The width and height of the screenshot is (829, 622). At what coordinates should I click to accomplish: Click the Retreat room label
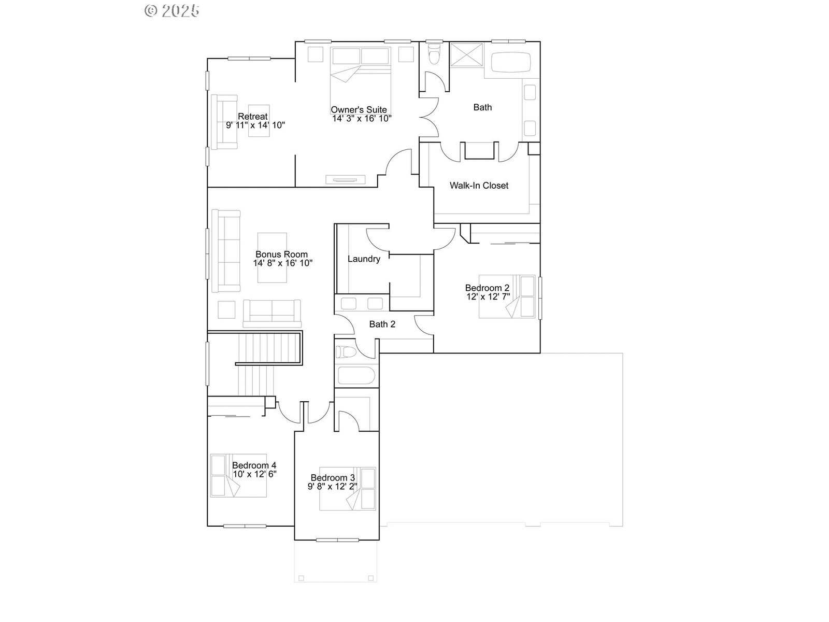253,116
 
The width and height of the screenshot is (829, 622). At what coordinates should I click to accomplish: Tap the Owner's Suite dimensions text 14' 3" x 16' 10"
362,119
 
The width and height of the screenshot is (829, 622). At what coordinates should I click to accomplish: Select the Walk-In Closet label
479,186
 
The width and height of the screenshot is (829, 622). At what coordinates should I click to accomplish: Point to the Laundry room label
364,259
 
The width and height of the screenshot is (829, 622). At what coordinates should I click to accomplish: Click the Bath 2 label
382,324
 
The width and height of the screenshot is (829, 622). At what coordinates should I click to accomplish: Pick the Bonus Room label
281,254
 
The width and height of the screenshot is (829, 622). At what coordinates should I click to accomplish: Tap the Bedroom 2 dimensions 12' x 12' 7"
488,297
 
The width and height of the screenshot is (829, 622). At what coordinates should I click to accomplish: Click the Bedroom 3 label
333,478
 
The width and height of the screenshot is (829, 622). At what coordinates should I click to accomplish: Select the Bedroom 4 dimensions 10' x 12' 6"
254,474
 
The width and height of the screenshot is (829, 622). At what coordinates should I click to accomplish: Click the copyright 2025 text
172,11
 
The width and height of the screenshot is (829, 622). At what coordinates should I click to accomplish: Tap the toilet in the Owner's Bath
434,54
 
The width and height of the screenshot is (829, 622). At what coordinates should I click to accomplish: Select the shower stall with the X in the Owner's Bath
466,55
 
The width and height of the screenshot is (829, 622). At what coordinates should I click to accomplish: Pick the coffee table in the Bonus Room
272,258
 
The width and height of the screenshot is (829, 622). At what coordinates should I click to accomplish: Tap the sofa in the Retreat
224,122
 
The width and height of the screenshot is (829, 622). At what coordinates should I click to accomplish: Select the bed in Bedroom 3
348,489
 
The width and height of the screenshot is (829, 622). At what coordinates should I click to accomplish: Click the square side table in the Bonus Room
226,309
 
